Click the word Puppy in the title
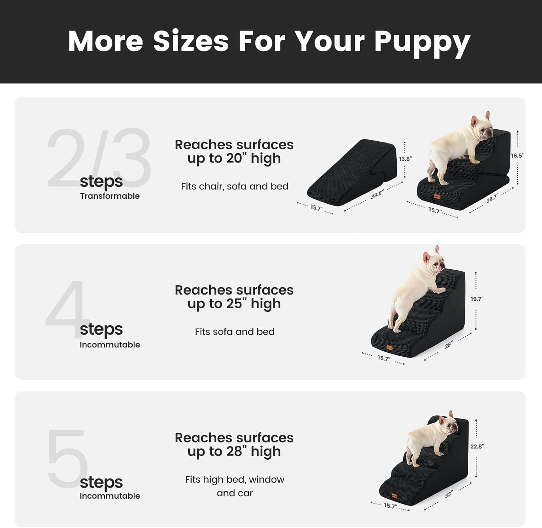(422, 43)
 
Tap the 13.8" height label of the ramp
(405, 159)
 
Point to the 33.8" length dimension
(377, 194)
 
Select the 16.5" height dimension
(517, 156)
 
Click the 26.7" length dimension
(492, 198)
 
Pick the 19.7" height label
(477, 299)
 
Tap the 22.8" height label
(477, 447)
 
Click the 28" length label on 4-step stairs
(448, 345)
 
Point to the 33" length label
(448, 495)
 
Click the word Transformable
(110, 196)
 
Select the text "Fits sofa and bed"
(235, 332)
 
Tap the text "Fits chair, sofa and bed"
(235, 186)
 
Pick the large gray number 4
(67, 307)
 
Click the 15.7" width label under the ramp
(316, 208)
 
